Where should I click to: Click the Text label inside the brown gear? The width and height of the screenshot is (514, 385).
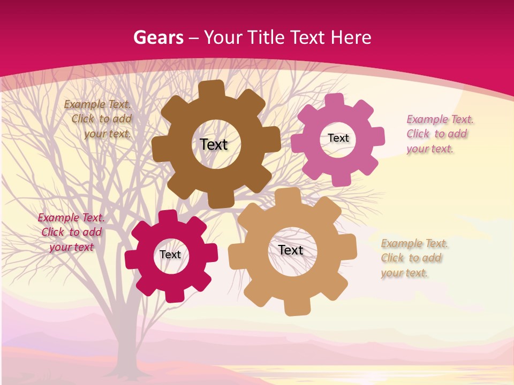coord(214,144)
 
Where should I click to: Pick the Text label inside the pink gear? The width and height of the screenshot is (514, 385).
coord(338,138)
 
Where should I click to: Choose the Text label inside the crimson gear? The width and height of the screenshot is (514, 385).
coord(170,255)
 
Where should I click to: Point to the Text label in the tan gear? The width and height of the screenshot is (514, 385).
coord(291,250)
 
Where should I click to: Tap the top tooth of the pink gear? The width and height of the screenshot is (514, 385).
coord(334,101)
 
